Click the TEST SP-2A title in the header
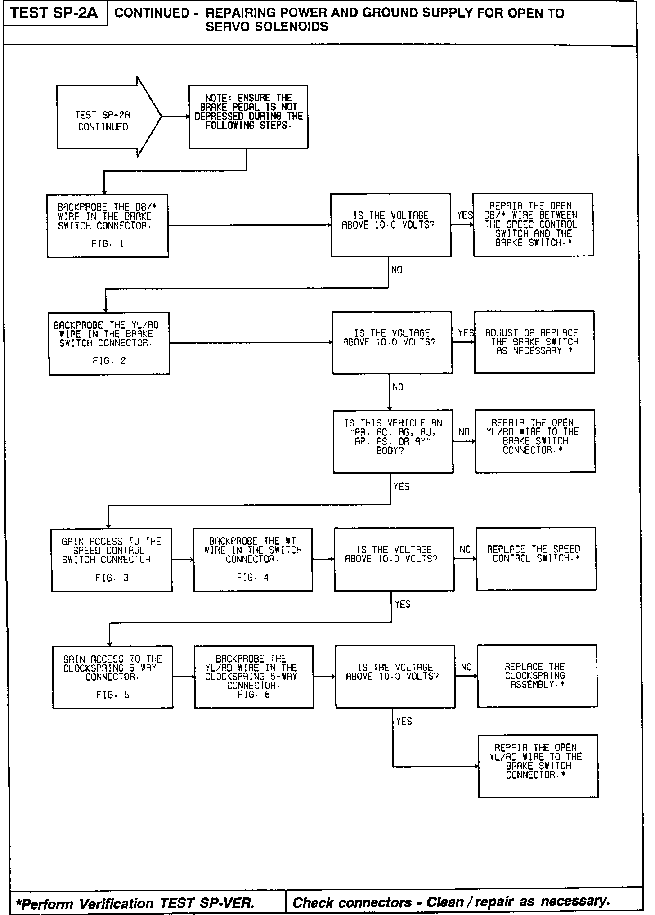(x=54, y=13)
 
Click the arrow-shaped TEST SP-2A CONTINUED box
(x=103, y=121)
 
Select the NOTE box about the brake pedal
(x=248, y=116)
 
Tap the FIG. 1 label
(x=108, y=244)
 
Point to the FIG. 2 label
(x=109, y=361)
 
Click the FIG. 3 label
(x=112, y=578)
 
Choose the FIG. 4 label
(x=253, y=577)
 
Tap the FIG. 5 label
(x=112, y=695)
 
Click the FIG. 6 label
(x=254, y=694)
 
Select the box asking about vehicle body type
(x=393, y=441)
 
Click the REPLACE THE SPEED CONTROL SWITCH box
(x=536, y=558)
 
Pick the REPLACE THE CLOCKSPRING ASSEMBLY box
(x=537, y=675)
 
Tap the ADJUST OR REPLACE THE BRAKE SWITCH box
(x=534, y=342)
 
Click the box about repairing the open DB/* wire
(x=533, y=224)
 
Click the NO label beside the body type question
(x=464, y=432)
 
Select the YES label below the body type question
(x=401, y=486)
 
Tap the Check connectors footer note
(x=451, y=902)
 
